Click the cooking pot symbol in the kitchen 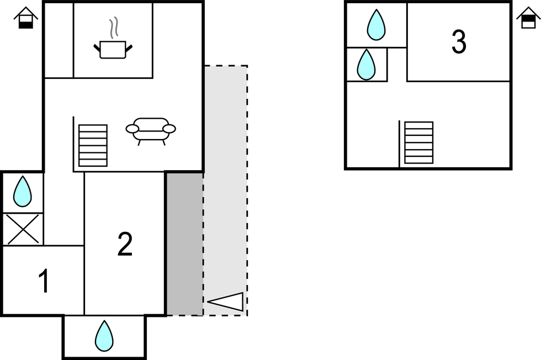pyautogui.click(x=114, y=49)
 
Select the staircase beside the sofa pyautogui.click(x=93, y=145)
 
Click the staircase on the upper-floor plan pyautogui.click(x=418, y=142)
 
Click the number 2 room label pyautogui.click(x=125, y=244)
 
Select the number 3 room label pyautogui.click(x=459, y=42)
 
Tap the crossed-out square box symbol pyautogui.click(x=23, y=229)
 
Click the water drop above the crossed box pyautogui.click(x=23, y=191)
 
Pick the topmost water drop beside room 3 pyautogui.click(x=377, y=24)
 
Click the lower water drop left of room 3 pyautogui.click(x=366, y=65)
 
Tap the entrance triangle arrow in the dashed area pyautogui.click(x=226, y=301)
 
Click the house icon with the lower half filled pyautogui.click(x=25, y=18)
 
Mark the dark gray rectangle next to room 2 pyautogui.click(x=184, y=243)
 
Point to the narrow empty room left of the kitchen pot pyautogui.click(x=59, y=40)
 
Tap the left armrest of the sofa pyautogui.click(x=132, y=129)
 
